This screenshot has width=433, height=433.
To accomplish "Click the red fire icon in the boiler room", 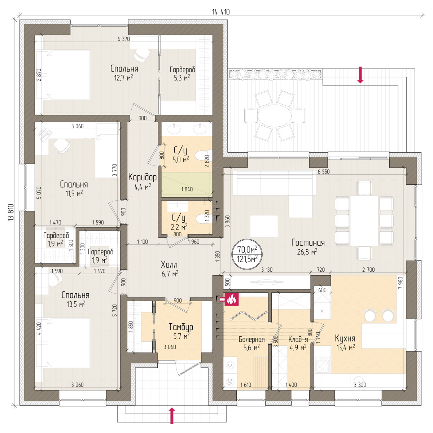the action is pyautogui.click(x=231, y=299).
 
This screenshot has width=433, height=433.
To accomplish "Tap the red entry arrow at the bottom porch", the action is pyautogui.click(x=172, y=416).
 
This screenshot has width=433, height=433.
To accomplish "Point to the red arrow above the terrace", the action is pyautogui.click(x=360, y=75).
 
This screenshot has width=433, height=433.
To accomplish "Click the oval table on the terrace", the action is pyautogui.click(x=274, y=116).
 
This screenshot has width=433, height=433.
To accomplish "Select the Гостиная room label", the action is pyautogui.click(x=308, y=243).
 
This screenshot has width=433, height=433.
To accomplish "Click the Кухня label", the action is pyautogui.click(x=345, y=338).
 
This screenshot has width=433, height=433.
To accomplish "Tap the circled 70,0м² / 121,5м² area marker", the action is pyautogui.click(x=247, y=254).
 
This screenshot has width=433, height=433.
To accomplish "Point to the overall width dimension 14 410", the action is pyautogui.click(x=221, y=12).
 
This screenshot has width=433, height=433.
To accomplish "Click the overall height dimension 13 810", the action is pyautogui.click(x=11, y=212).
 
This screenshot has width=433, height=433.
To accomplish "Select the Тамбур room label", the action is pyautogui.click(x=181, y=327).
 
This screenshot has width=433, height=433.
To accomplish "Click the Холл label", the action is pyautogui.click(x=169, y=264).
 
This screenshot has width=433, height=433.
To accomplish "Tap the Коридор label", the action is pyautogui.click(x=143, y=177).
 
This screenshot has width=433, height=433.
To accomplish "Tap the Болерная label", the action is pyautogui.click(x=252, y=339).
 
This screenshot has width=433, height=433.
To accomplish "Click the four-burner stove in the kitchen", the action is pyautogui.click(x=323, y=366).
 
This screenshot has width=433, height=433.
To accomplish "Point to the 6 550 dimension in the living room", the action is pyautogui.click(x=324, y=172).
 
